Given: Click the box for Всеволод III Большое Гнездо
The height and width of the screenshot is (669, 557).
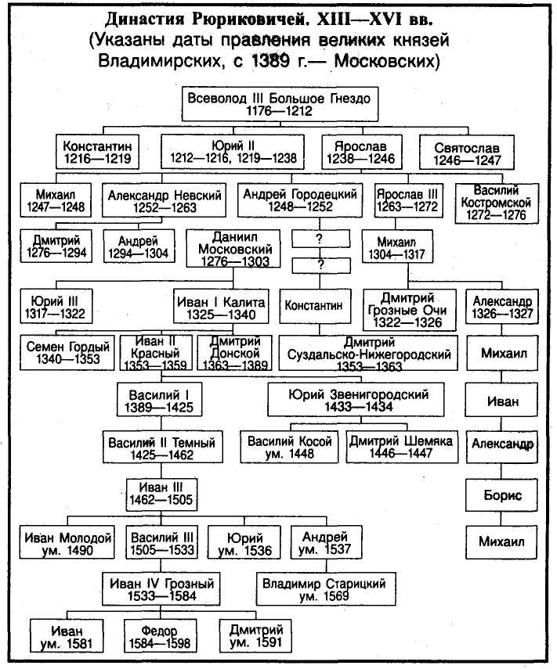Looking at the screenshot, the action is pyautogui.click(x=280, y=104).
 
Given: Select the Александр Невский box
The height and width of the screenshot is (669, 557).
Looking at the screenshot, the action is pyautogui.click(x=165, y=200).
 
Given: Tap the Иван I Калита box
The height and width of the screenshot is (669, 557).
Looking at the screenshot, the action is pyautogui.click(x=221, y=307).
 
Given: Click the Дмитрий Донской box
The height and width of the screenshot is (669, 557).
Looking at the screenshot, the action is pyautogui.click(x=234, y=352).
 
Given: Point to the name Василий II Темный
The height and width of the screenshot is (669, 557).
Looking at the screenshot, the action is pyautogui.click(x=162, y=442).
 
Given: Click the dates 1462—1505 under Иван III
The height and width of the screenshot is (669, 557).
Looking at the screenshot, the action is pyautogui.click(x=161, y=500).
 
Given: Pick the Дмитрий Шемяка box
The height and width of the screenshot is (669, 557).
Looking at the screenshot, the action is pyautogui.click(x=402, y=447).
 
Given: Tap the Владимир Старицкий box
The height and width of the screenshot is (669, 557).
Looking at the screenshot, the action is pyautogui.click(x=325, y=588).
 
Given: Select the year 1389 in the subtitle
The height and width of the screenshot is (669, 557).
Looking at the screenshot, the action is pyautogui.click(x=270, y=61).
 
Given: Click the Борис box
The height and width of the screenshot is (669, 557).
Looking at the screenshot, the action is pyautogui.click(x=501, y=495).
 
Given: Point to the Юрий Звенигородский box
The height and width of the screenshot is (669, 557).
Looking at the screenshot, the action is pyautogui.click(x=356, y=400).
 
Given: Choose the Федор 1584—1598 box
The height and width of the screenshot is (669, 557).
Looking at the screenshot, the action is pyautogui.click(x=160, y=635).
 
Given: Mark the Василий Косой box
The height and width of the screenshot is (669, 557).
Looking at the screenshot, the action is pyautogui.click(x=289, y=447).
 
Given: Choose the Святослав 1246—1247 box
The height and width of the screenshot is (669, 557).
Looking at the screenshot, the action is pyautogui.click(x=466, y=153).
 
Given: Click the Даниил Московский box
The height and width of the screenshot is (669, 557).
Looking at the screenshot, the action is pyautogui.click(x=233, y=249).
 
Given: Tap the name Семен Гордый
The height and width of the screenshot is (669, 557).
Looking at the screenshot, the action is pyautogui.click(x=68, y=347).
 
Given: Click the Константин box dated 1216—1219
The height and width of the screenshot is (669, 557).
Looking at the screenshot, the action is pyautogui.click(x=98, y=152).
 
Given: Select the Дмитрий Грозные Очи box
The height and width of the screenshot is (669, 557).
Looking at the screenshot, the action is pyautogui.click(x=409, y=310).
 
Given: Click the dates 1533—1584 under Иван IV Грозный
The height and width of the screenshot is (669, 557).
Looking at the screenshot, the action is pyautogui.click(x=162, y=595).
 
